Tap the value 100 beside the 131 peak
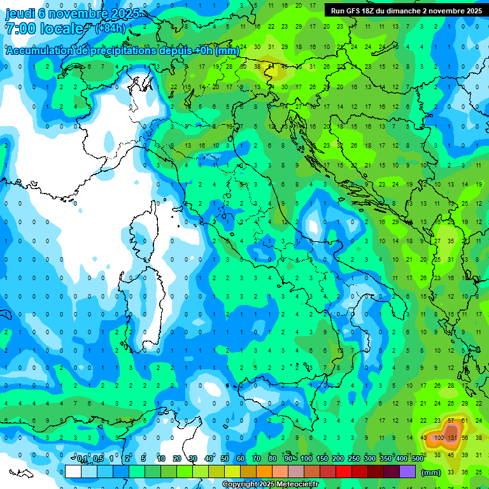[439, 438]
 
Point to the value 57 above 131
[451, 422]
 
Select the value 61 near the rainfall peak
[465, 422]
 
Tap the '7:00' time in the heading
[19, 29]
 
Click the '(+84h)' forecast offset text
[110, 29]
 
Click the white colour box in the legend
[73, 472]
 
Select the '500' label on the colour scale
[418, 459]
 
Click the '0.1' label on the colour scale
[82, 459]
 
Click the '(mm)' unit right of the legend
[430, 472]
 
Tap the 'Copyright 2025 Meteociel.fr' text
[270, 485]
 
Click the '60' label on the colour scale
[240, 459]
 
